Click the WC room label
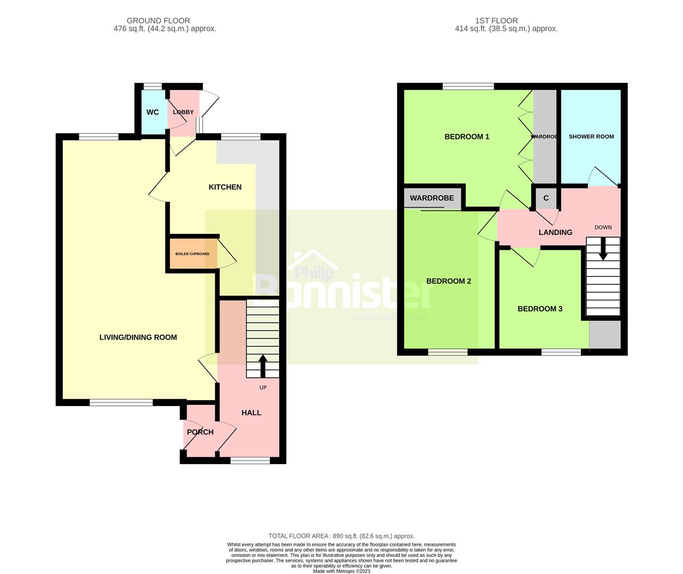[x=153, y=112]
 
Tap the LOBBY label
[x=183, y=112]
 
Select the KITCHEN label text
[x=225, y=187]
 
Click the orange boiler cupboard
[x=192, y=254]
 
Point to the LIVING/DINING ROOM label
[x=138, y=337]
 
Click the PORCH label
[x=200, y=432]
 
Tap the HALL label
[x=251, y=412]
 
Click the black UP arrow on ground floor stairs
[x=263, y=365]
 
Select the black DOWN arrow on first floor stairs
[x=603, y=249]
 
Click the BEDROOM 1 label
[x=467, y=137]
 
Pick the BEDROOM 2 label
[x=449, y=281]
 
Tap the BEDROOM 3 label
[x=540, y=309]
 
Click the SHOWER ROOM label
[x=591, y=137]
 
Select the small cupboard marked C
[x=546, y=198]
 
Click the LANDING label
[x=555, y=232]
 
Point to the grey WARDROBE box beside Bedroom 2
[x=432, y=198]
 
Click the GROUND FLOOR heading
[x=165, y=21]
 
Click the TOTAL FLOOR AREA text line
[x=341, y=536]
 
